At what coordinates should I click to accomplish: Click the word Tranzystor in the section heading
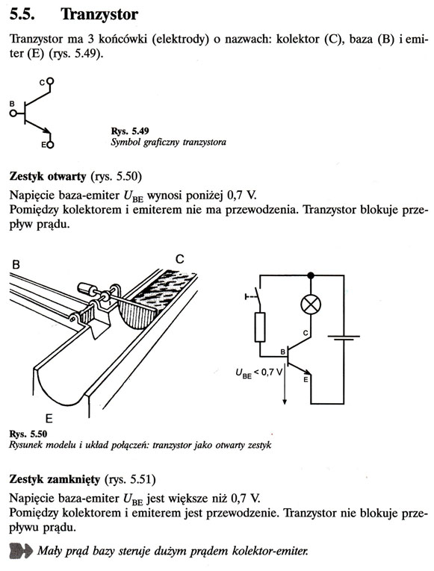(99, 15)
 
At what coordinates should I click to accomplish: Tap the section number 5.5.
(22, 15)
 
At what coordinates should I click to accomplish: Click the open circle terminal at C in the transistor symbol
(50, 81)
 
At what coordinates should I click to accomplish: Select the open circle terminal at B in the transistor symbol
(13, 113)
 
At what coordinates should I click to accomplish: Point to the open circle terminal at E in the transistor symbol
(50, 145)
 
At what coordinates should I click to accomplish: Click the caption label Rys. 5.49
(130, 131)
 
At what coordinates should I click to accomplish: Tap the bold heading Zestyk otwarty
(48, 177)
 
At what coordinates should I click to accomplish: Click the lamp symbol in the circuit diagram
(311, 304)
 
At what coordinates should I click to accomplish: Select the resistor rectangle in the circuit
(260, 327)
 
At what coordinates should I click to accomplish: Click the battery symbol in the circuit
(344, 338)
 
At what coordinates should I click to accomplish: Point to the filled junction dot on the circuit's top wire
(311, 275)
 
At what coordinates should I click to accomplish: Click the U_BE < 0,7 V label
(259, 373)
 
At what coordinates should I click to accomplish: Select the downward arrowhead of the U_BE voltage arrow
(285, 401)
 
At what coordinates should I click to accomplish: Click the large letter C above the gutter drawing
(179, 259)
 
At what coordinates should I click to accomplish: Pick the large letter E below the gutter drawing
(49, 419)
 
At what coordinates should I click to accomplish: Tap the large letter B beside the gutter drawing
(16, 264)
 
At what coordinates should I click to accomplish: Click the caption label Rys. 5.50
(28, 434)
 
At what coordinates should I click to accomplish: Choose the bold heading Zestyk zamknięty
(55, 479)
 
